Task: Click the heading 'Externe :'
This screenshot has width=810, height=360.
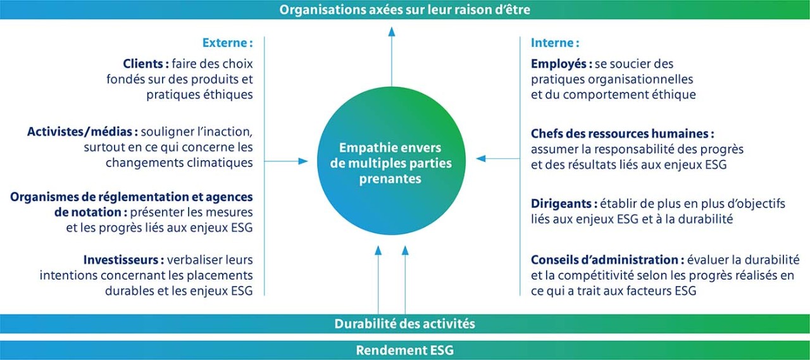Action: [x=227, y=42]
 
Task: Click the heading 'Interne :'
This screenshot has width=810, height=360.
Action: [x=555, y=42]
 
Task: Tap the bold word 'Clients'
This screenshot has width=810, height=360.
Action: [x=144, y=64]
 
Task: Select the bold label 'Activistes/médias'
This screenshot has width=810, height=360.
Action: [x=80, y=132]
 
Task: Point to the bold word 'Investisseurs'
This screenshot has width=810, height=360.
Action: [x=121, y=259]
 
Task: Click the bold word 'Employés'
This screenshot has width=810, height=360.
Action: [x=559, y=64]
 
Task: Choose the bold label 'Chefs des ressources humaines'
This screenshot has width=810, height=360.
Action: [x=620, y=133]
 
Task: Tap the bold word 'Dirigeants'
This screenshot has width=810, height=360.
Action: [x=561, y=204]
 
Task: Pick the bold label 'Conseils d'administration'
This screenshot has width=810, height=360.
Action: [x=604, y=259]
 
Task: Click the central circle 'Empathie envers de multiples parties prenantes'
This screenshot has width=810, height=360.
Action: [x=391, y=161]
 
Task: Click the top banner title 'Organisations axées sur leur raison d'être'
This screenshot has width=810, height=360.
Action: [x=404, y=9]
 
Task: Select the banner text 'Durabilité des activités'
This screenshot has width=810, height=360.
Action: [x=404, y=323]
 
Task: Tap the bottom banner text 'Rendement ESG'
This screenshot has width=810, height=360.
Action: [x=404, y=350]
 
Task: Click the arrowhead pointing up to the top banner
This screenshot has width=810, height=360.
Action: [x=392, y=32]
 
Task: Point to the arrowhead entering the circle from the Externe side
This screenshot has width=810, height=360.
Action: [x=303, y=161]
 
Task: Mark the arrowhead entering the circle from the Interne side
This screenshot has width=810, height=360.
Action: [x=480, y=158]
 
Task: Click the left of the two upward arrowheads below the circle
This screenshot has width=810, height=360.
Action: [x=378, y=250]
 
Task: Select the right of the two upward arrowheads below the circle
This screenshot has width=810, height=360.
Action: [x=405, y=250]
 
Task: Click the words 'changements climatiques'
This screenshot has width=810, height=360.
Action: [x=179, y=163]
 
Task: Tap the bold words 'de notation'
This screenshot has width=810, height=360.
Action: [x=88, y=212]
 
